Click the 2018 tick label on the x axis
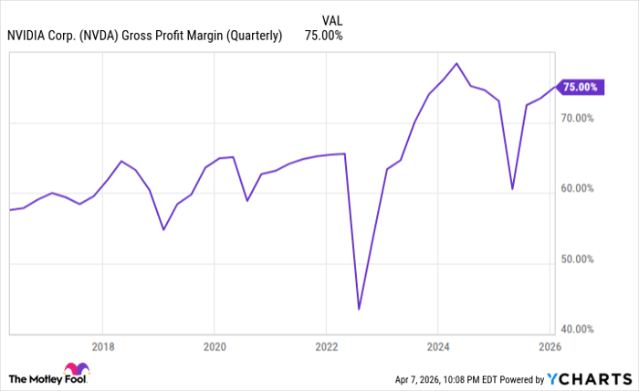click(x=102, y=347)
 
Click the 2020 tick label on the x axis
click(x=215, y=347)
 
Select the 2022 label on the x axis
click(x=326, y=347)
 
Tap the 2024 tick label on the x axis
click(x=437, y=347)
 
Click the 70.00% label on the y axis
click(x=578, y=119)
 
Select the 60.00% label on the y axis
click(x=578, y=189)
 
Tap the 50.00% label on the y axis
click(x=578, y=259)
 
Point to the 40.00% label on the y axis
click(x=578, y=330)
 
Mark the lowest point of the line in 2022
click(x=359, y=309)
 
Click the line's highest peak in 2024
click(x=456, y=63)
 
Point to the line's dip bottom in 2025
click(x=512, y=189)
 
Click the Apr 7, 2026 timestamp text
click(x=430, y=378)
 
